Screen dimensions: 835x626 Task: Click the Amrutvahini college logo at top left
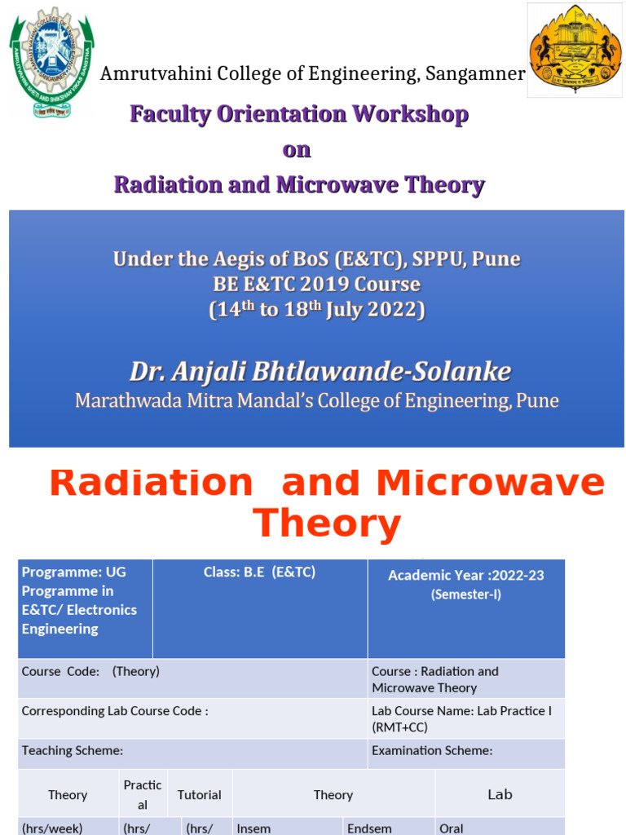51,62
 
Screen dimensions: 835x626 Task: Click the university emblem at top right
575,50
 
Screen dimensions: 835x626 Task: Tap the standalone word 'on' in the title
297,150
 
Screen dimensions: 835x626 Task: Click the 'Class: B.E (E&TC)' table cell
259,572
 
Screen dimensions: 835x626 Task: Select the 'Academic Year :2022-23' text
465,576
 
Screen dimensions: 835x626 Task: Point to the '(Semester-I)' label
466,595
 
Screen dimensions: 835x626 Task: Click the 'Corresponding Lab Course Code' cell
115,711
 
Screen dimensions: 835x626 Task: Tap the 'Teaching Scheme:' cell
73,751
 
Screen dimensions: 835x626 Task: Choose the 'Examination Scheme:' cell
432,751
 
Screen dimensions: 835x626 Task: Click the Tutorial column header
199,795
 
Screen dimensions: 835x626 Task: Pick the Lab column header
500,794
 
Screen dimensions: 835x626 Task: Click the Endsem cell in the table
369,828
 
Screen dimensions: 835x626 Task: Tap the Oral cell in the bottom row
451,828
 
